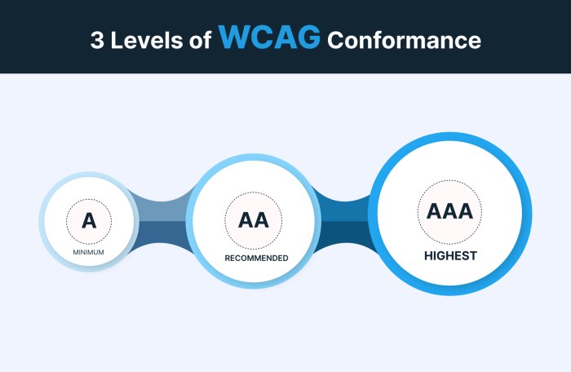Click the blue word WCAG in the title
(x=269, y=38)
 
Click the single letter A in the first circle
(x=88, y=219)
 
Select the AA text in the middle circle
(x=253, y=220)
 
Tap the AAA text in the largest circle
(x=449, y=211)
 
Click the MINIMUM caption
(x=88, y=252)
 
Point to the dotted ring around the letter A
(x=68, y=220)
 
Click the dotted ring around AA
(x=226, y=220)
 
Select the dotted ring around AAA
(x=418, y=211)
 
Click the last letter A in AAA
(x=465, y=211)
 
